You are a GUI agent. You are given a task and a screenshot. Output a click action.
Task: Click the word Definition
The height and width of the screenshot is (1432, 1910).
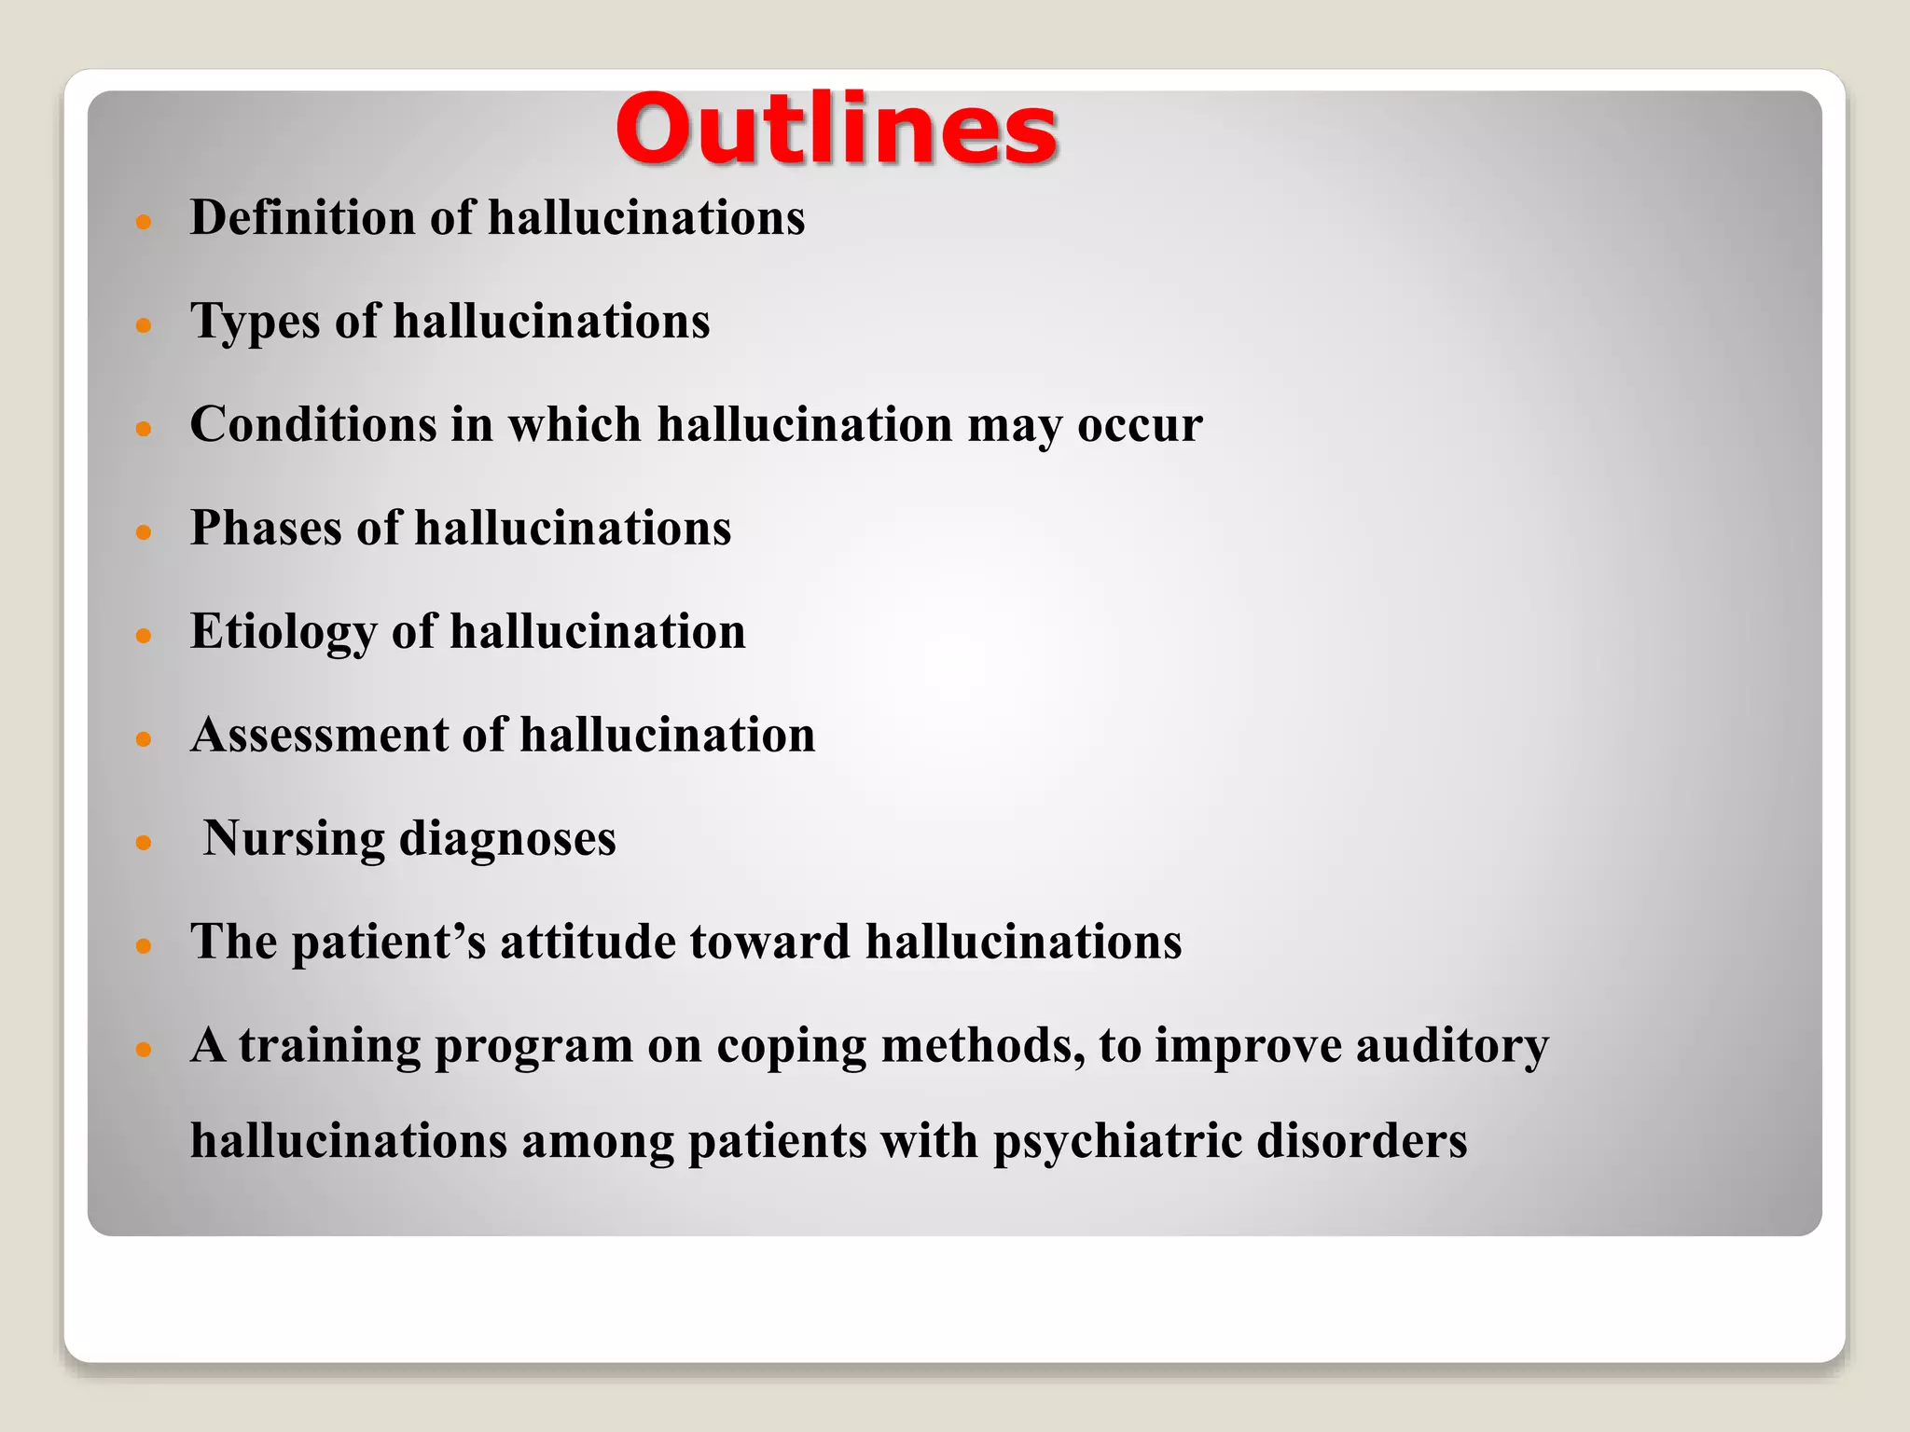[302, 218]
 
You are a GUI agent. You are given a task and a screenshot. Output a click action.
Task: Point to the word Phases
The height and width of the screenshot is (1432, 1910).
[266, 528]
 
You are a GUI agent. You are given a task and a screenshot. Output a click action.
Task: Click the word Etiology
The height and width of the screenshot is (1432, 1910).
[283, 632]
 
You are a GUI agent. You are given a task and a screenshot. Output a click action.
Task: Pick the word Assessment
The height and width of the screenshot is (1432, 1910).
[319, 735]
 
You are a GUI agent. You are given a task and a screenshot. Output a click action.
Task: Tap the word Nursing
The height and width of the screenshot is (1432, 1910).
[294, 838]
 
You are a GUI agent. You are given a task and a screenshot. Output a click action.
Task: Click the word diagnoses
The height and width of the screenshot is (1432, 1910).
[507, 839]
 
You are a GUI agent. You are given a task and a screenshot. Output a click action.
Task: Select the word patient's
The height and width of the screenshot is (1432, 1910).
[389, 942]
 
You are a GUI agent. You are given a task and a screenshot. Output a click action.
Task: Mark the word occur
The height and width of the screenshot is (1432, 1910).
[1140, 425]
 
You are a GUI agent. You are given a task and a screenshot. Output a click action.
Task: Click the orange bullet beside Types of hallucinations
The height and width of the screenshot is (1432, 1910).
[143, 325]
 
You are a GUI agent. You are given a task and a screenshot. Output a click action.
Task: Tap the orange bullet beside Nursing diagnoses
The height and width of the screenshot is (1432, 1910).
[143, 843]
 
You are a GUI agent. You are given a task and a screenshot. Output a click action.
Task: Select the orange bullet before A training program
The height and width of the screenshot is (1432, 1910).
[143, 1050]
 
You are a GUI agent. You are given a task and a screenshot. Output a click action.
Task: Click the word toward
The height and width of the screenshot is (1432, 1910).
[769, 942]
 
